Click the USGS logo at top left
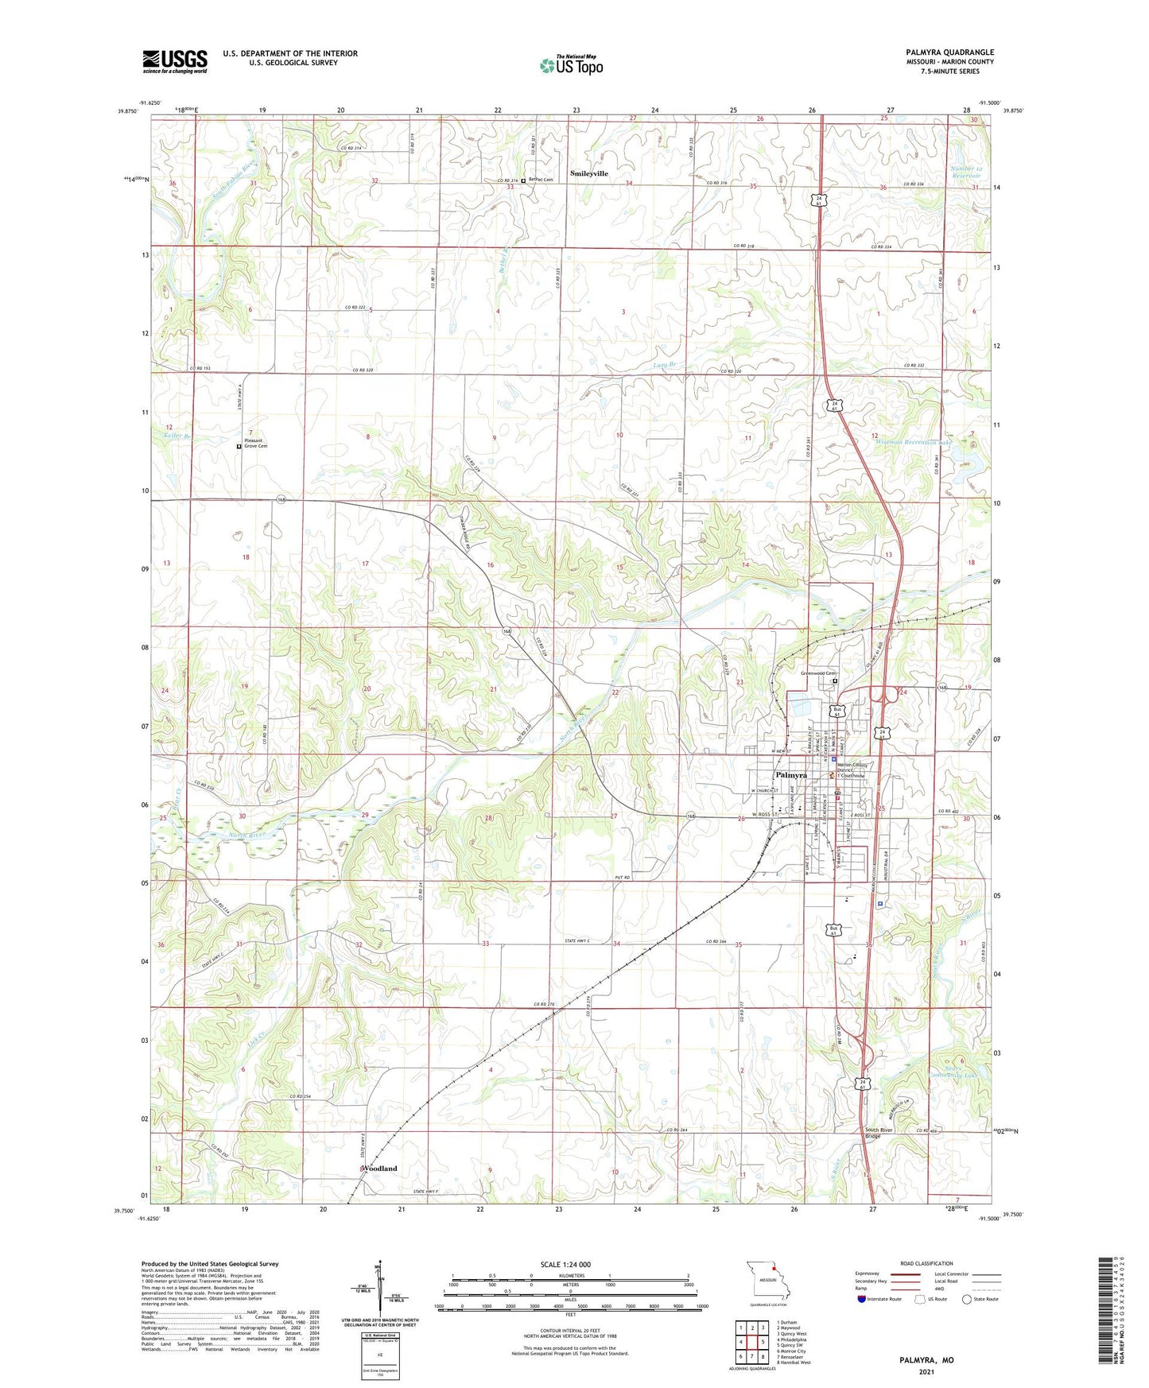175,60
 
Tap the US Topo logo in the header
571,65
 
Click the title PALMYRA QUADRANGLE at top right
949,52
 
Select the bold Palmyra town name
791,775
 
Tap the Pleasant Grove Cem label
256,444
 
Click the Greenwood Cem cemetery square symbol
835,681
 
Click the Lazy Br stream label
664,365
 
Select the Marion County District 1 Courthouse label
855,770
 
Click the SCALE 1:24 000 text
565,1264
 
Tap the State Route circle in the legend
967,1299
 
